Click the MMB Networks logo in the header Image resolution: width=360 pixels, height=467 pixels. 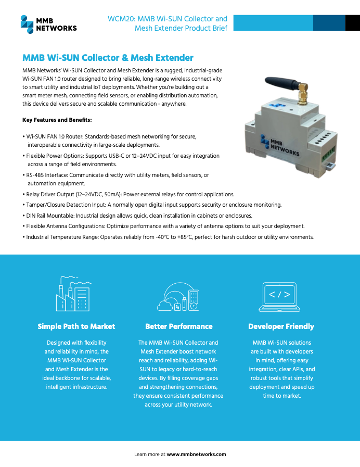[x=48, y=23]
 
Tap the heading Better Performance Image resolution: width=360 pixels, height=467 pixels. [x=178, y=326]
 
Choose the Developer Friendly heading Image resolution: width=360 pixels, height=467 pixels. [x=281, y=326]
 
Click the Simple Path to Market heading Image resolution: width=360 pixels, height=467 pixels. [x=76, y=326]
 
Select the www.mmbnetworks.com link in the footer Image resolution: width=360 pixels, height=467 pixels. [x=196, y=454]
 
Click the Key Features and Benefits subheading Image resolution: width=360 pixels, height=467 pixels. [x=57, y=120]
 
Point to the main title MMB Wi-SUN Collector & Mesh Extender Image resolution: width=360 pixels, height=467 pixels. [x=108, y=58]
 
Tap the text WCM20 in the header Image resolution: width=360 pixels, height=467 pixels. [x=119, y=19]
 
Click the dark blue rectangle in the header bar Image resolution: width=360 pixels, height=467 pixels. [x=330, y=23]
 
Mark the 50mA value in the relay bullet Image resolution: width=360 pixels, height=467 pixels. [x=111, y=194]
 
